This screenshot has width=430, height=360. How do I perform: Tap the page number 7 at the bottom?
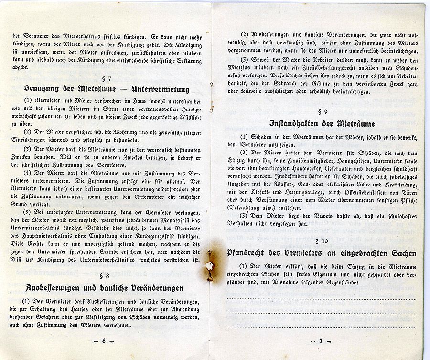pos(322,341)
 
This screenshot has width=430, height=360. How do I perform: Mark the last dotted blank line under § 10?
pos(321,327)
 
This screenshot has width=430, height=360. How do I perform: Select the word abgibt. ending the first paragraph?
pos(21,67)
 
